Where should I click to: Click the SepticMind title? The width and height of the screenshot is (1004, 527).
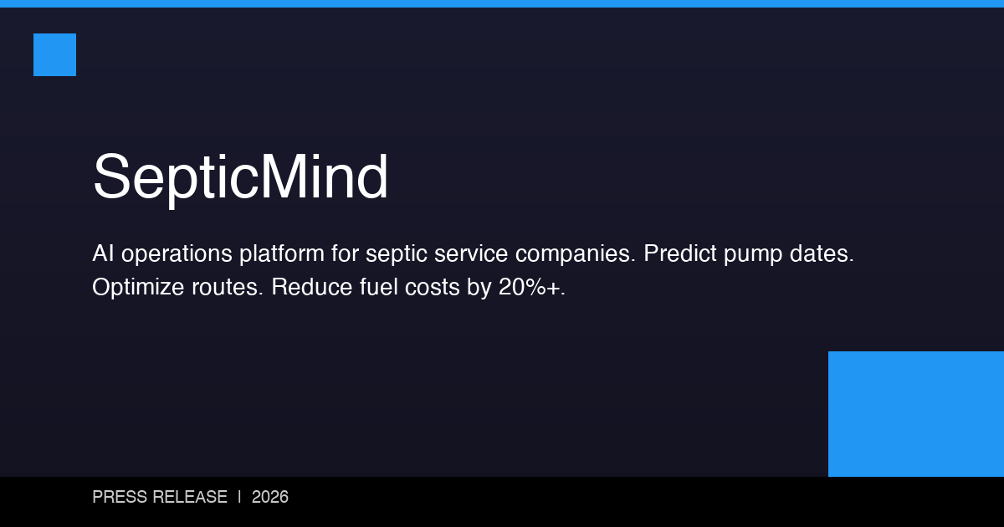(240, 177)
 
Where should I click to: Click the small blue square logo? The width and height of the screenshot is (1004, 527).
(54, 54)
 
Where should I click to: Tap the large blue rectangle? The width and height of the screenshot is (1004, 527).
(916, 414)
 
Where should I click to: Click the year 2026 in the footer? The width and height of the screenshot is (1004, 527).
(269, 497)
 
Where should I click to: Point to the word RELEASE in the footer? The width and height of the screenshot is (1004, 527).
(189, 497)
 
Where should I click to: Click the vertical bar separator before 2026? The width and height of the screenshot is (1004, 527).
(239, 497)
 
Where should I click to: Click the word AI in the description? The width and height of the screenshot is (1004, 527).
(103, 254)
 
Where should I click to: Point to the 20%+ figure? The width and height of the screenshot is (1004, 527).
(531, 288)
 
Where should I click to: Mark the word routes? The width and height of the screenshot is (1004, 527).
(232, 288)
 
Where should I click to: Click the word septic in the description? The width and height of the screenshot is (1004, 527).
(395, 254)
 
